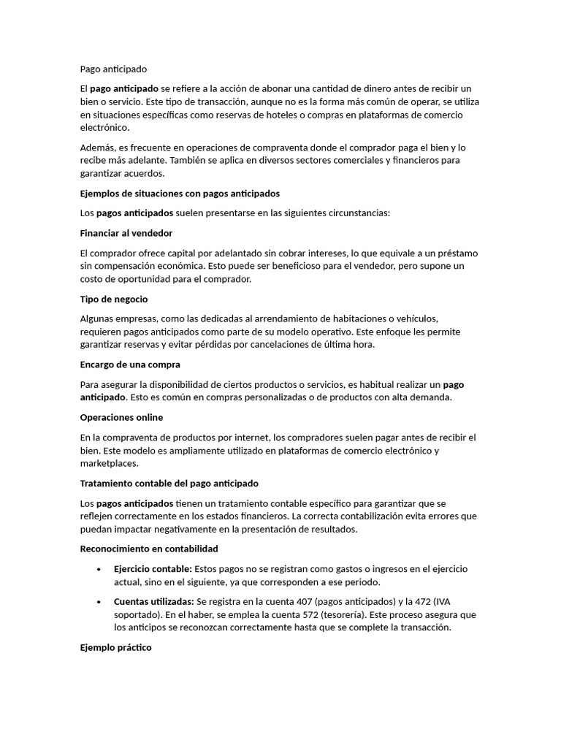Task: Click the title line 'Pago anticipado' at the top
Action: coord(113,69)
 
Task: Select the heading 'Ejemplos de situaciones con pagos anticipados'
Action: coord(180,194)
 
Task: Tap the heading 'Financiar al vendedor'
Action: coord(126,233)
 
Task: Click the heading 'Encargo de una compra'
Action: coord(130,365)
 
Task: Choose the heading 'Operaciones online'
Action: coord(121,417)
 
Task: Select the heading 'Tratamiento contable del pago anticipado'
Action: coord(169,484)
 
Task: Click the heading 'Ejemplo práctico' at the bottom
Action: coord(115,647)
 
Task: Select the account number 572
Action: coord(279,614)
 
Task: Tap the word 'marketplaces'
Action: coord(109,463)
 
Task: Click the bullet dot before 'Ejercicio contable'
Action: coord(99,569)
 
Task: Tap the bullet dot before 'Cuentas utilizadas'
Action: coord(99,601)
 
